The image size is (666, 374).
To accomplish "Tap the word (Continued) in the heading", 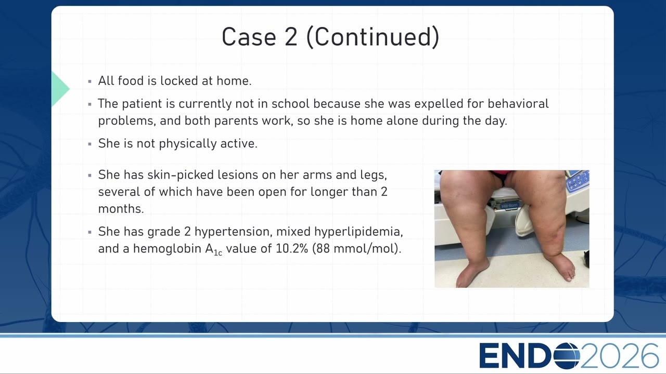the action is coord(373,37).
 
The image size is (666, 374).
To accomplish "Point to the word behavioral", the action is coord(518,103).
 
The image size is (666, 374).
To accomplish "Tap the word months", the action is coord(121,209).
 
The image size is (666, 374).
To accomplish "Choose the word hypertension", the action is coord(234,232).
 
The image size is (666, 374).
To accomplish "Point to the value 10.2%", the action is coord(292,249).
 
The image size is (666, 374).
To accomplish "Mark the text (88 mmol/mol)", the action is coord(357,249).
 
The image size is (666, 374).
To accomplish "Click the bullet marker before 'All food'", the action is coord(90,81).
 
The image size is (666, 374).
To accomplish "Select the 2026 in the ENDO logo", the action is coord(619,356).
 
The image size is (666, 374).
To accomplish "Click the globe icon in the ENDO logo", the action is coord(567,356).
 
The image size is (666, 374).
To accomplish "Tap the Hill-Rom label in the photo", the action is coord(509,206).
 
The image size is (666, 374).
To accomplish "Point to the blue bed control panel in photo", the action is coord(578,180).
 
